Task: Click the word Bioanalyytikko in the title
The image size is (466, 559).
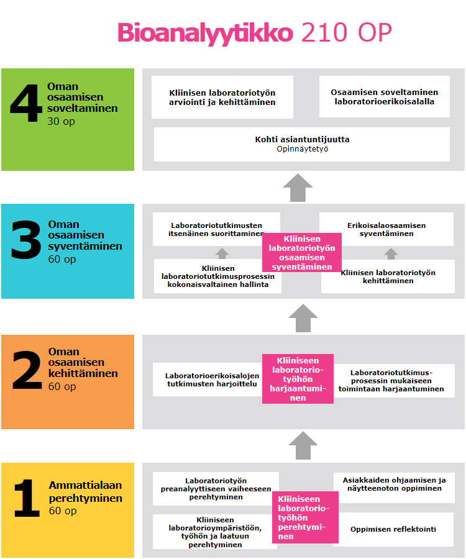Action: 204,32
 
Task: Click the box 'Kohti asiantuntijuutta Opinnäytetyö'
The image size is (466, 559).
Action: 302,144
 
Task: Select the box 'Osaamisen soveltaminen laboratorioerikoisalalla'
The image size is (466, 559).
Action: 383,97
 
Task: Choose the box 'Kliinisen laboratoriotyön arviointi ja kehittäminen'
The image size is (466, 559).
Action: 222,97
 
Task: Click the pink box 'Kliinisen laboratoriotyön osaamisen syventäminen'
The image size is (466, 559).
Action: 301,252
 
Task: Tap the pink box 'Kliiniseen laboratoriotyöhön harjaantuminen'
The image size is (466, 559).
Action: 298,379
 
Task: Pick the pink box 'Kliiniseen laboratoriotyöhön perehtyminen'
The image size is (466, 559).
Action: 304,517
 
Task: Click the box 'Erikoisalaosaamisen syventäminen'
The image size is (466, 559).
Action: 386,229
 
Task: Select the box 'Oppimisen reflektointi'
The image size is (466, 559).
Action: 393,529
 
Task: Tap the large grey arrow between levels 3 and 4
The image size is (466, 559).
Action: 298,188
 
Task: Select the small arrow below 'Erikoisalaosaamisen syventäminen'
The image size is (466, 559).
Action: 391,253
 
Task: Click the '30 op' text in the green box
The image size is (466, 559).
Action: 61,122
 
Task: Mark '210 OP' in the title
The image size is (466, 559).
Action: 346,32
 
